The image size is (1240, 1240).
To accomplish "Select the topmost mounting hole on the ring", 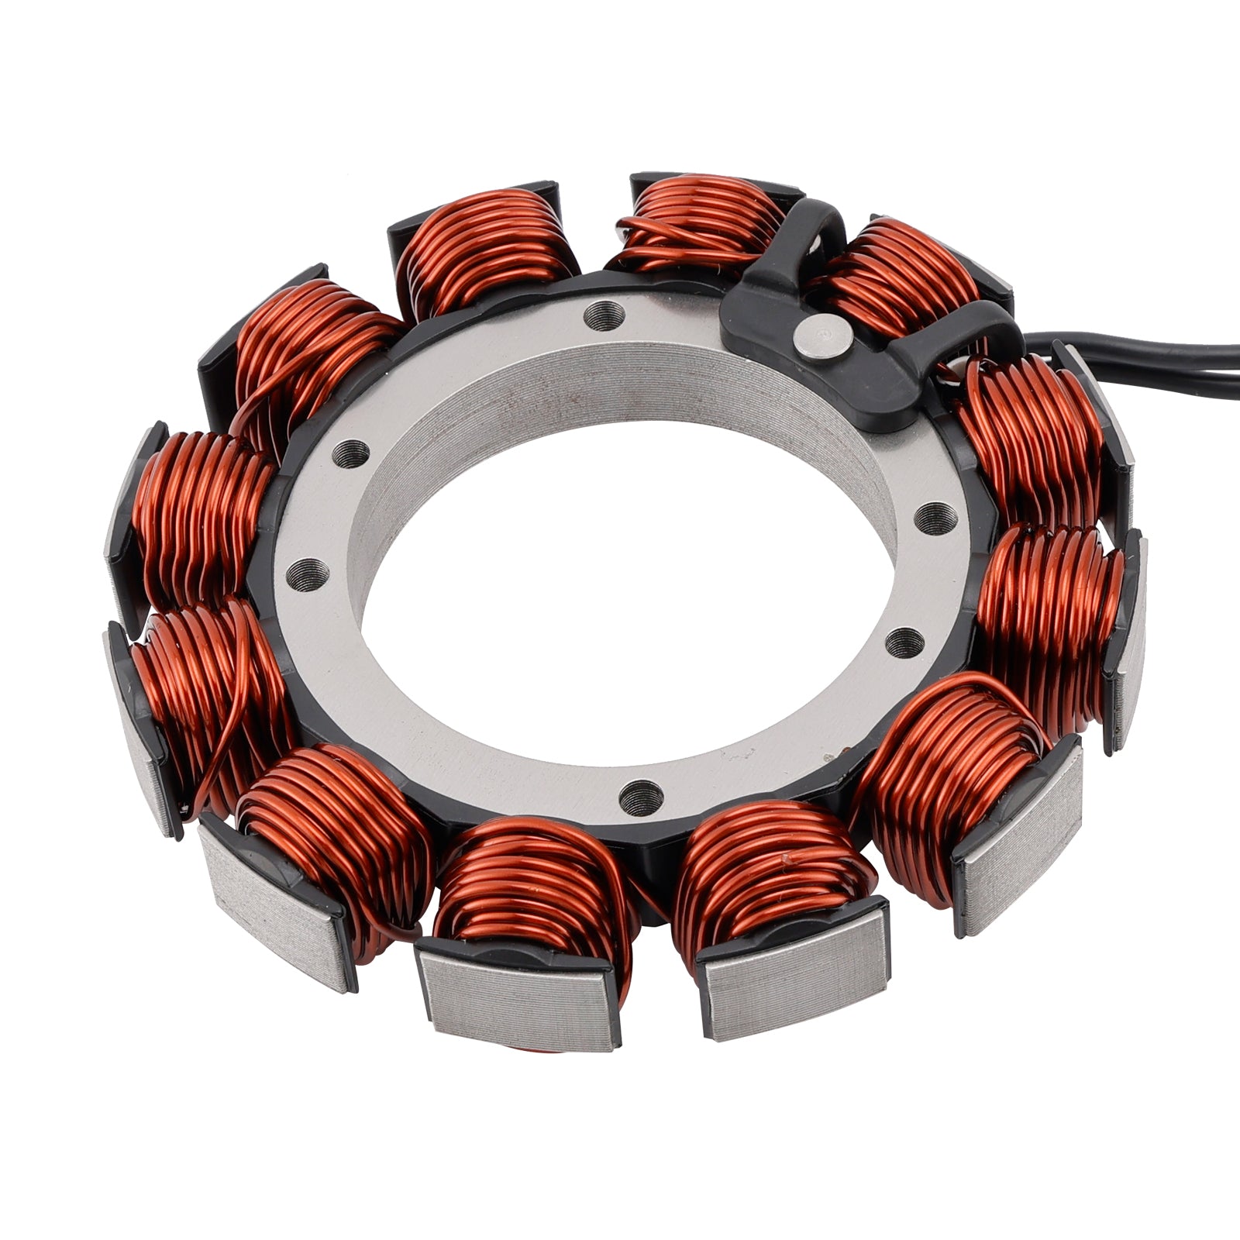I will (606, 314).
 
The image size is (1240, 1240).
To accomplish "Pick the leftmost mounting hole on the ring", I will (306, 573).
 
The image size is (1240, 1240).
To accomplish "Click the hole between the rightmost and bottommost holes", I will (904, 639).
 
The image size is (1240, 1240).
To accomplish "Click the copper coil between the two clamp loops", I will (899, 271).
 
